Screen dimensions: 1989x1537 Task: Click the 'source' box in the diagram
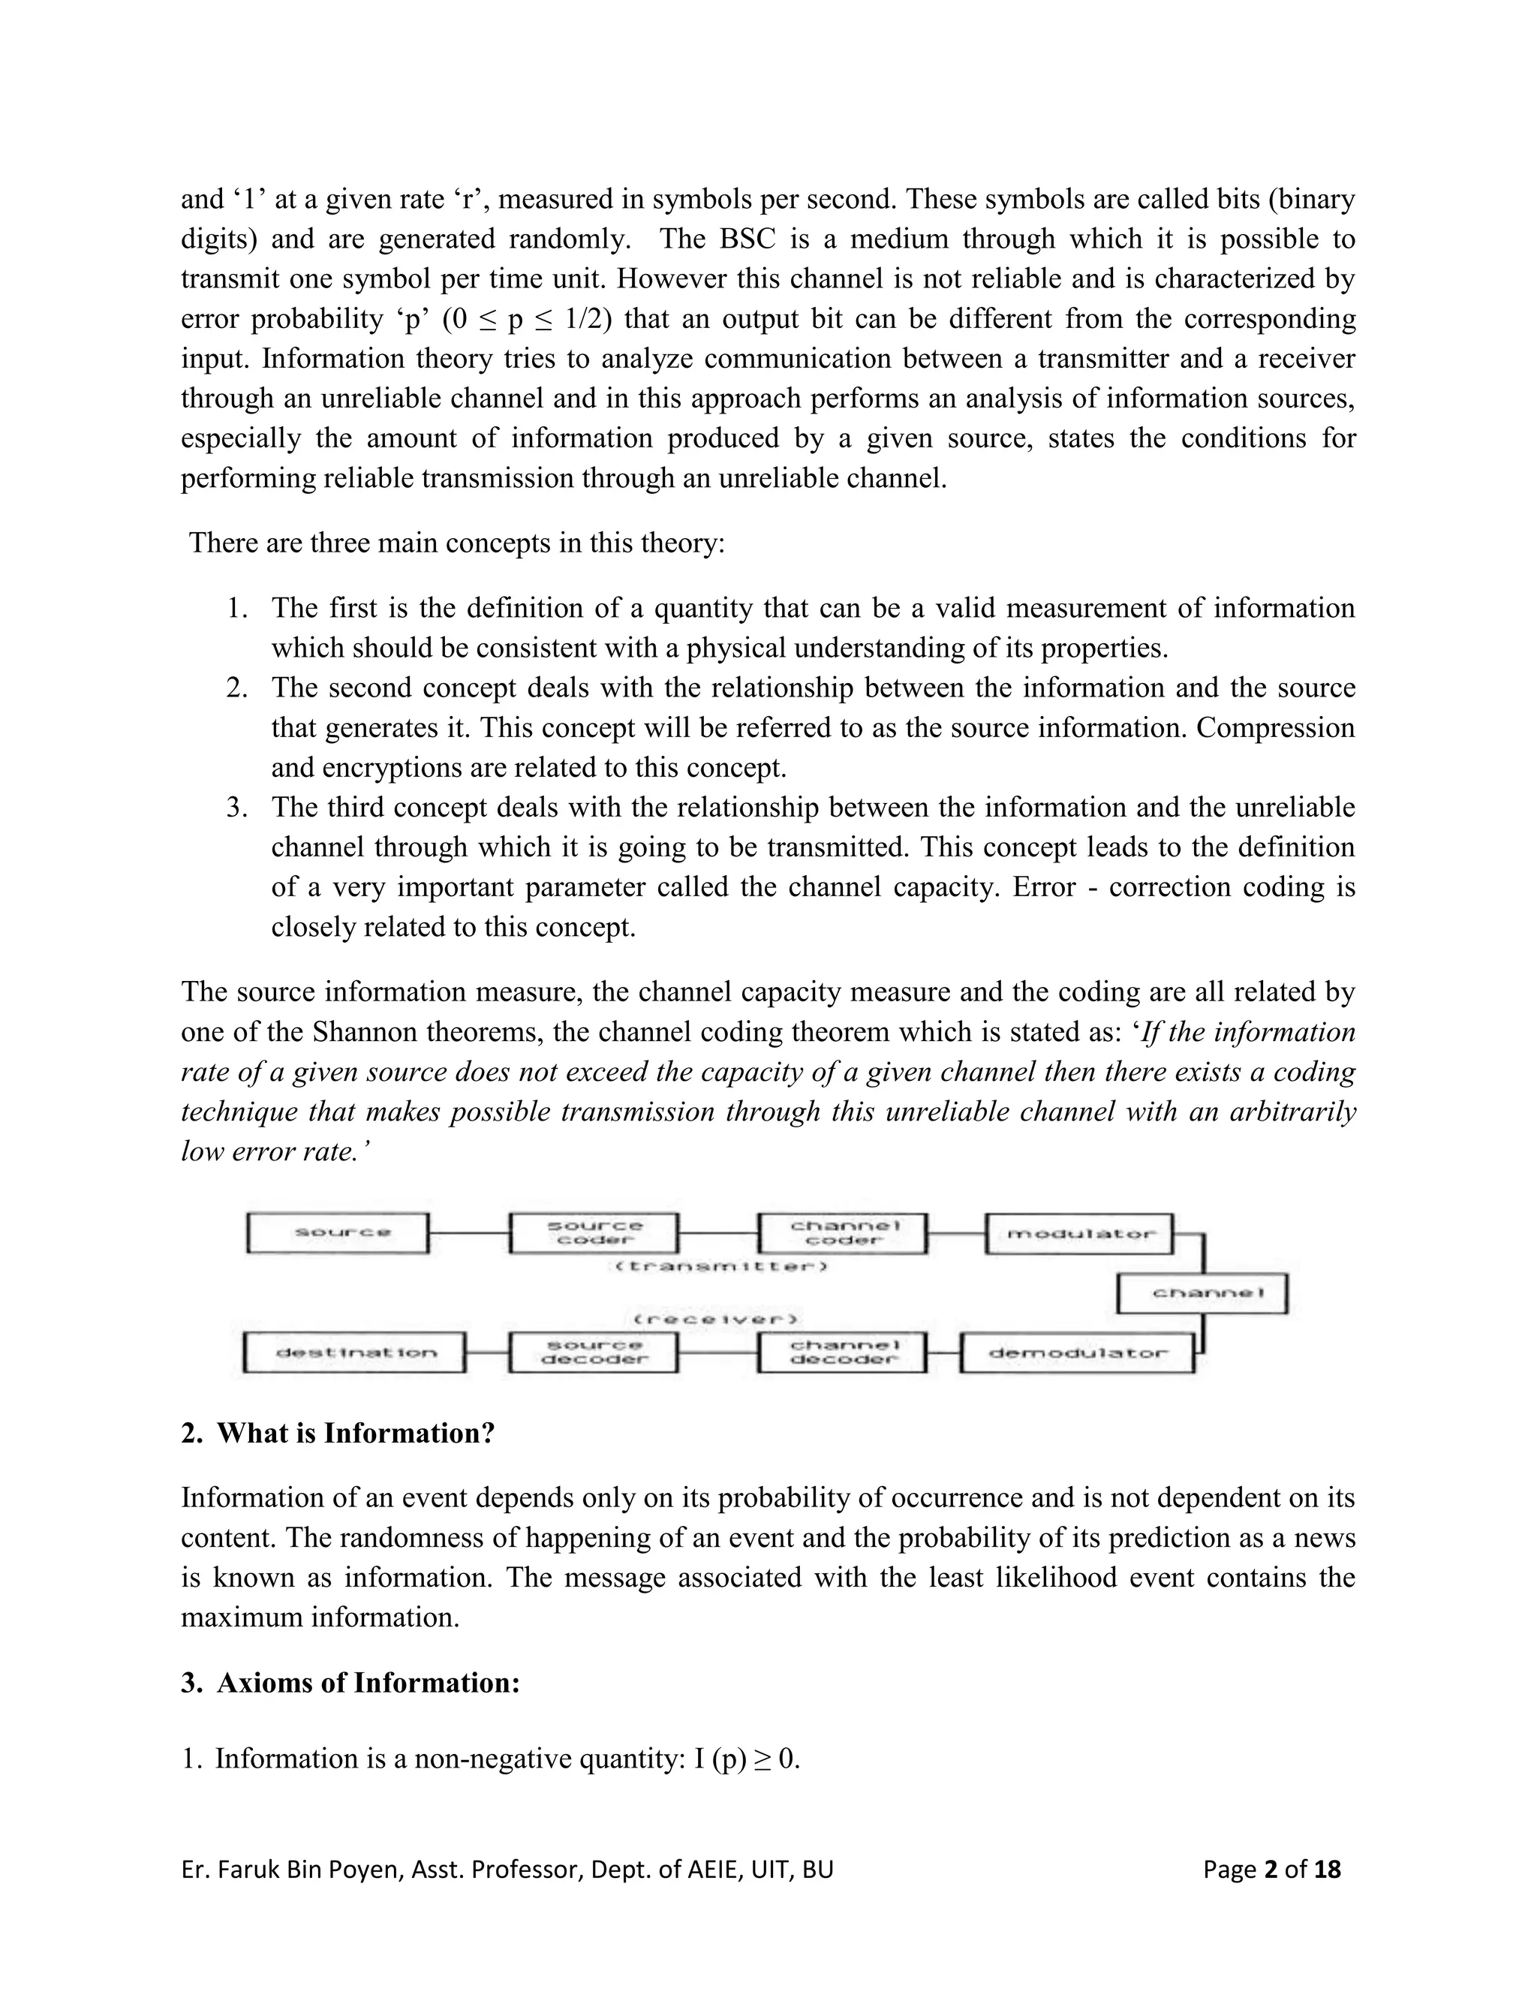pos(338,1232)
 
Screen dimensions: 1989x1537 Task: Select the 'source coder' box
pos(594,1232)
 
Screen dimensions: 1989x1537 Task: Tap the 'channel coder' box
pos(843,1232)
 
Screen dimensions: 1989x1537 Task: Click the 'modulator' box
pos(1080,1233)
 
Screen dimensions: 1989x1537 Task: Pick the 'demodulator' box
pos(1077,1353)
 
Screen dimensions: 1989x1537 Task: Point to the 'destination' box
pos(355,1353)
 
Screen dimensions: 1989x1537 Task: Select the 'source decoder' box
pos(594,1352)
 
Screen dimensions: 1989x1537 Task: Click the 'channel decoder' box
pos(843,1352)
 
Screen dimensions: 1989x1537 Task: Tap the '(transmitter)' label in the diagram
pos(721,1267)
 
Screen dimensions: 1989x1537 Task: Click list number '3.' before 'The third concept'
pos(236,808)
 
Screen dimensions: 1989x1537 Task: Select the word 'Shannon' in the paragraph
pos(363,1032)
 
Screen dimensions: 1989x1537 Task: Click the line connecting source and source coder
pos(469,1232)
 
